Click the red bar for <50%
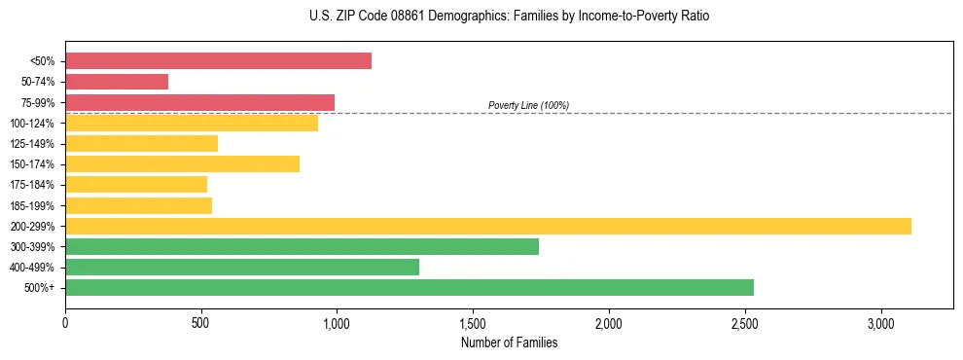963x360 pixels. [218, 60]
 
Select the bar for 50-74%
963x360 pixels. [117, 82]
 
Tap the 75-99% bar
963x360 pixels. [199, 102]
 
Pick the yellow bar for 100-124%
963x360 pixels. [192, 123]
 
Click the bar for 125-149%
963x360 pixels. [141, 143]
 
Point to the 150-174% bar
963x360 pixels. [182, 163]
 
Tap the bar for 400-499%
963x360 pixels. [242, 267]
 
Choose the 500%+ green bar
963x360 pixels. [410, 287]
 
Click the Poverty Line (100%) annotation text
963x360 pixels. [528, 105]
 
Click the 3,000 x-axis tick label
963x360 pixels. [880, 322]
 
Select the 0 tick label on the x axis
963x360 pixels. [65, 322]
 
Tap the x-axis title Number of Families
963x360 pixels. [509, 342]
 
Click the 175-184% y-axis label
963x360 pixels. [32, 185]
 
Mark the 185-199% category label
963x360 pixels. [32, 205]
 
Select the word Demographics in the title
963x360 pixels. [433, 17]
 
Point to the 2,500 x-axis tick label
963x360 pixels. [744, 322]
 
